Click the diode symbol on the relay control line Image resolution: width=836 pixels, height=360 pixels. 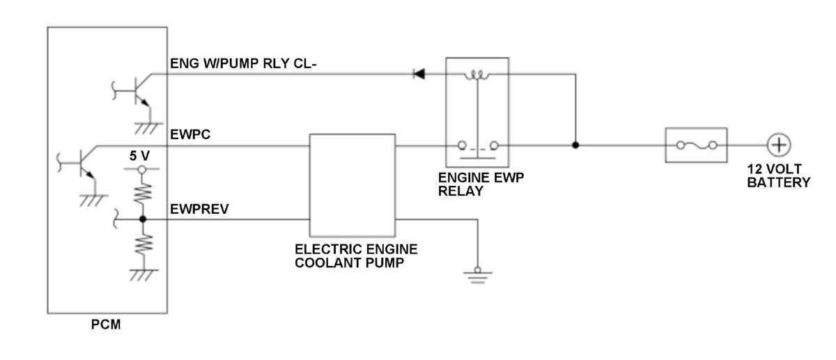tap(419, 74)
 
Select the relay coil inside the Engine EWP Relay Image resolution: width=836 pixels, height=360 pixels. tap(477, 75)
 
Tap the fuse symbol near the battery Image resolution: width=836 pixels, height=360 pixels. tap(697, 145)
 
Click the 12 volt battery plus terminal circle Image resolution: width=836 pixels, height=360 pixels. tap(779, 145)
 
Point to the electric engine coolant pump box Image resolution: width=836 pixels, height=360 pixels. tap(353, 185)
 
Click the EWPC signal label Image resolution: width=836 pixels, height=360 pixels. tap(190, 134)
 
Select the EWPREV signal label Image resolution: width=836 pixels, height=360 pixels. tap(199, 210)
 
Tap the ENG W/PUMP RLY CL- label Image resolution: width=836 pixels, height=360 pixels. tap(243, 63)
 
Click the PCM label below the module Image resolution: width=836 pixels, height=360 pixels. tap(106, 324)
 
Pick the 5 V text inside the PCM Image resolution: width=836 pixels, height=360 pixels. tap(139, 156)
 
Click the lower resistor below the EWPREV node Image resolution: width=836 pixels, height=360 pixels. tap(144, 244)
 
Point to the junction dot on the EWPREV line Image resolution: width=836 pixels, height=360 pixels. tap(143, 219)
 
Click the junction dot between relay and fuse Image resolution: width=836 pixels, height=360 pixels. tap(575, 145)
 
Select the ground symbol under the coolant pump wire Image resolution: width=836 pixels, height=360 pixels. tap(478, 275)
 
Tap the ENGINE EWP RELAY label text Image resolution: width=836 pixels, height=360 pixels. tap(481, 185)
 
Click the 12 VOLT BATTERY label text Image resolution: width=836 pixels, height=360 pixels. tap(779, 176)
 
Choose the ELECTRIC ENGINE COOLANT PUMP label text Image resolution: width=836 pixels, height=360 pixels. tap(356, 256)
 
